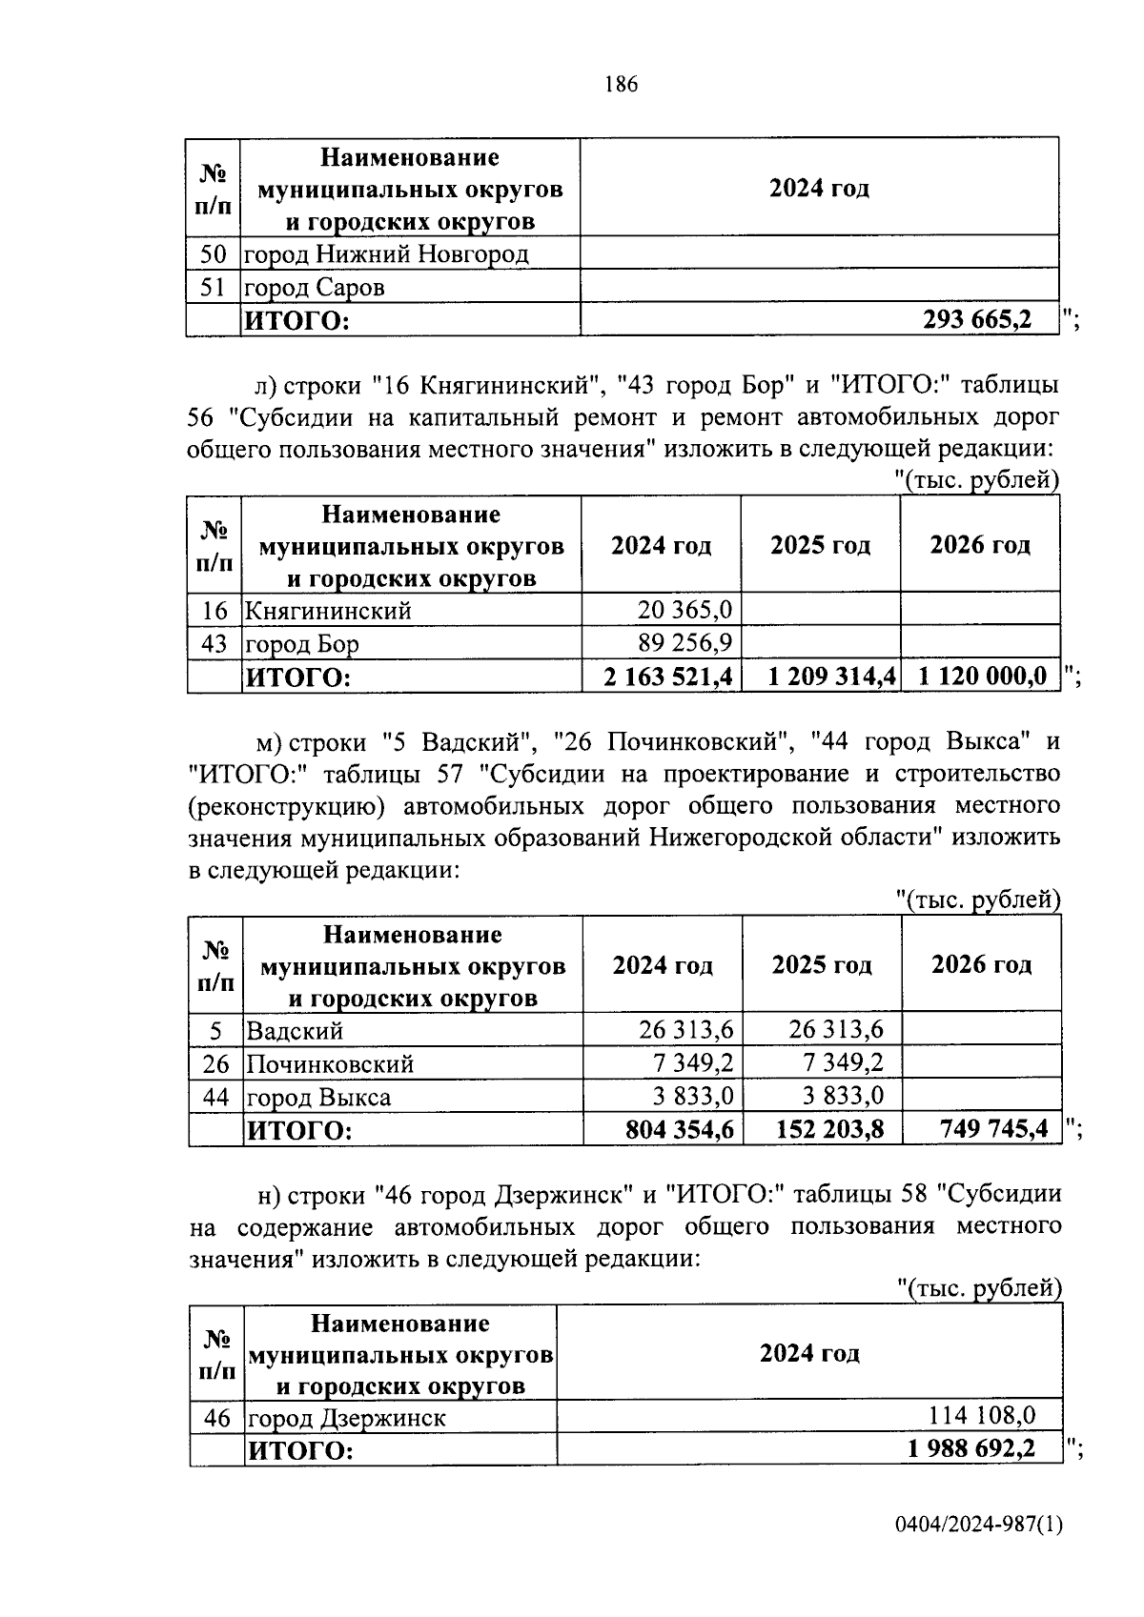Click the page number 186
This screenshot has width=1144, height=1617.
click(x=621, y=85)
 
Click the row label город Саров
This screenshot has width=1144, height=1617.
click(x=315, y=287)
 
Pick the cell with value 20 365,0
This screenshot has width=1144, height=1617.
click(x=684, y=610)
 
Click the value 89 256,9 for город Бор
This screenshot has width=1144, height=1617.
click(x=684, y=643)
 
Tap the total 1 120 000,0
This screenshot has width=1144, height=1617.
click(x=982, y=677)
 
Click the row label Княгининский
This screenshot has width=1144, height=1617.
click(x=329, y=610)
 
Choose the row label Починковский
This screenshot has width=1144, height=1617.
click(x=330, y=1063)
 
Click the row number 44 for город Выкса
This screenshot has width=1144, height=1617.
click(x=216, y=1097)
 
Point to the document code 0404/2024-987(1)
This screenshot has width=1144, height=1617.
click(x=977, y=1526)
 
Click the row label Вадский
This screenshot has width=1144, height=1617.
click(x=295, y=1030)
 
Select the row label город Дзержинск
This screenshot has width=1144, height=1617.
click(x=347, y=1418)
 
